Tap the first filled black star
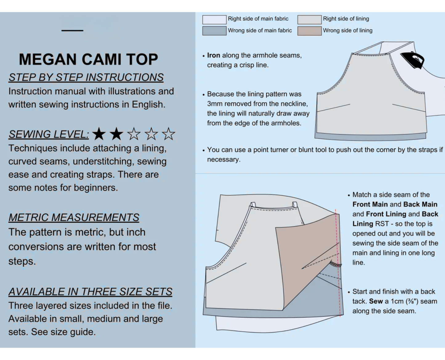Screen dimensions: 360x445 [99, 134]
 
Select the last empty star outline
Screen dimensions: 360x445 [168, 134]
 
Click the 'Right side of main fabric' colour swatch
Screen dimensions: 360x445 [214, 19]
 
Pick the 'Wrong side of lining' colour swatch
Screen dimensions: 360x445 [309, 31]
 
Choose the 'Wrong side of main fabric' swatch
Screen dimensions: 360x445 [214, 31]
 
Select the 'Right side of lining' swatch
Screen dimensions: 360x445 [309, 19]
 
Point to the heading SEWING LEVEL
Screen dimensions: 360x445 [49, 134]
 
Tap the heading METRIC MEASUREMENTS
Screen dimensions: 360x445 [74, 218]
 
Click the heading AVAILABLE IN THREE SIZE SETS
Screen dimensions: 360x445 [90, 292]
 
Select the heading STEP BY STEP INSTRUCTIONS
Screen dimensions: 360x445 [86, 78]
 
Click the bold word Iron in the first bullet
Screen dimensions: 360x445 [213, 55]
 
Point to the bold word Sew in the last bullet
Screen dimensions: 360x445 [376, 301]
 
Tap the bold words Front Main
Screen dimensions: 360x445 [370, 204]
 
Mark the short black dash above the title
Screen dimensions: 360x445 [72, 30]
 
